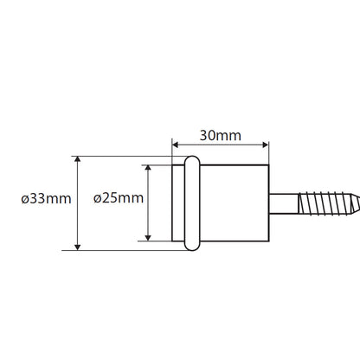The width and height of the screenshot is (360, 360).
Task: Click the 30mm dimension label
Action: click(x=221, y=135)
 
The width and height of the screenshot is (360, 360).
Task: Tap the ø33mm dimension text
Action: click(x=46, y=198)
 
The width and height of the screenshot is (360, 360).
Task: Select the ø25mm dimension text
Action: click(x=119, y=198)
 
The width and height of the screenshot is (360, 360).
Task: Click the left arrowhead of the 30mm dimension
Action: click(x=176, y=145)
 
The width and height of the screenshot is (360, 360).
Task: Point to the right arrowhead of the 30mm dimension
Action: click(x=265, y=145)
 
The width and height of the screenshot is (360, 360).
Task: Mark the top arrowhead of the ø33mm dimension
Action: click(x=77, y=160)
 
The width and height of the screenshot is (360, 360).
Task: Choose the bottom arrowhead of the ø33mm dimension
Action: click(x=77, y=247)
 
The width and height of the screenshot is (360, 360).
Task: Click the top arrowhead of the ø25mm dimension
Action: click(x=148, y=169)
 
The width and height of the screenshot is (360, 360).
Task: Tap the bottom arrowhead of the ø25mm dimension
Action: click(x=148, y=237)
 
